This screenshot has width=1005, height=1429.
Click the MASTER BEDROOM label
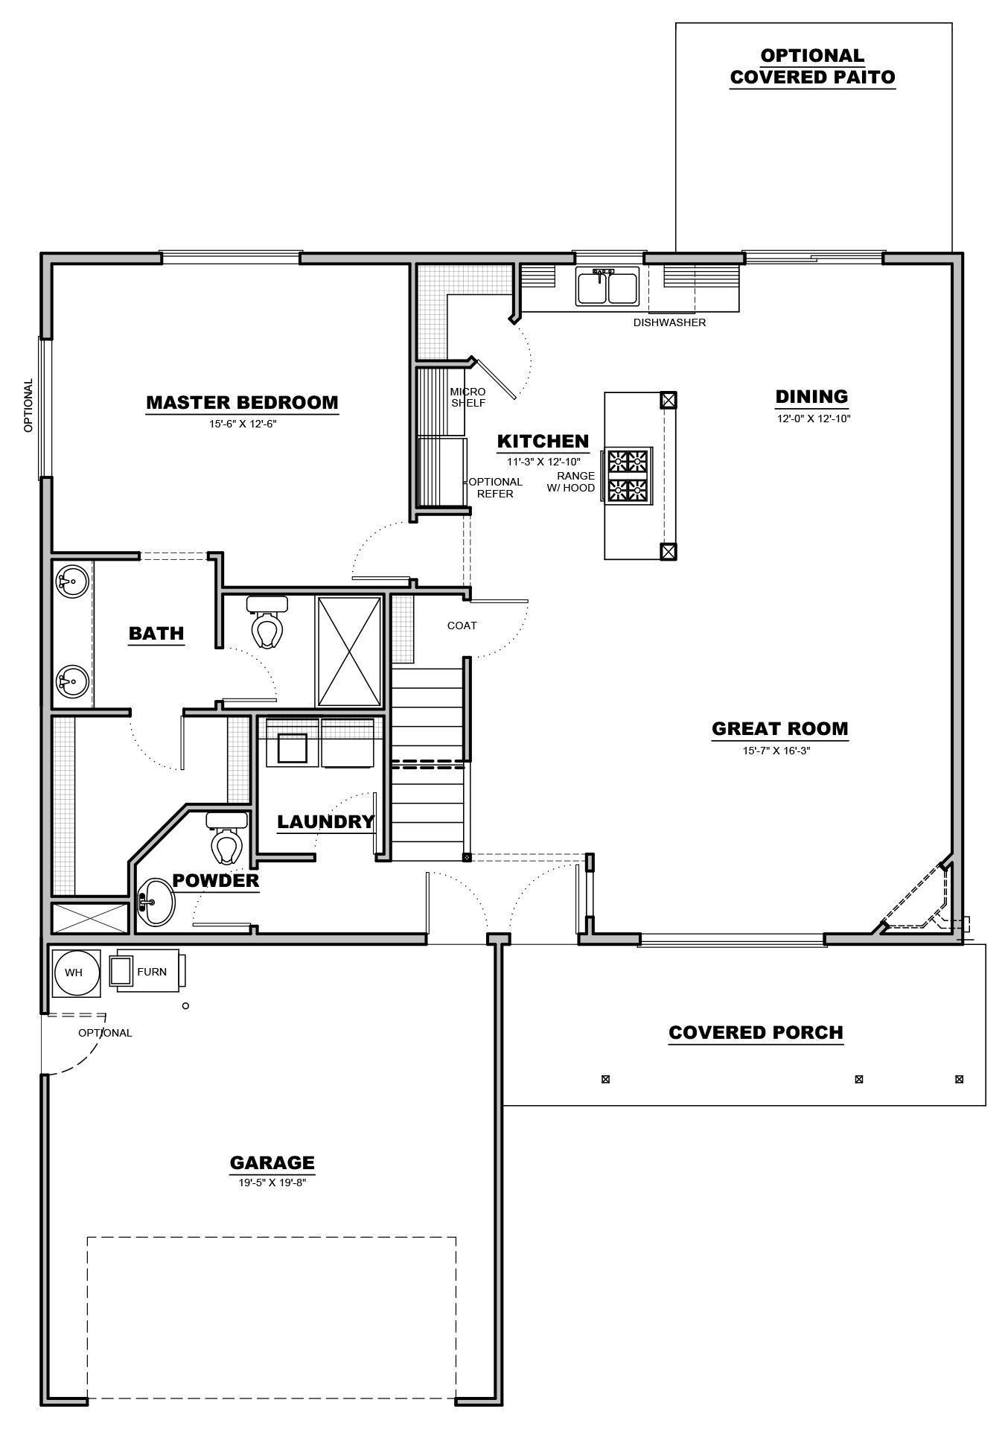(x=242, y=403)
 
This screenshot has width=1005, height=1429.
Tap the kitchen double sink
(x=607, y=287)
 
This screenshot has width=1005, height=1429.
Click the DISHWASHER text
(x=669, y=322)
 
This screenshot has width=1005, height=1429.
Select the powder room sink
(x=155, y=903)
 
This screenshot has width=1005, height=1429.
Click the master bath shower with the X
(x=349, y=651)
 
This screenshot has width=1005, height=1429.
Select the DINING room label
(x=811, y=397)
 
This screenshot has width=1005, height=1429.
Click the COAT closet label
(x=462, y=626)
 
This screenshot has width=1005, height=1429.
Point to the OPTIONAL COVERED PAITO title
(x=812, y=66)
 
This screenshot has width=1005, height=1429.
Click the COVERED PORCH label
(x=756, y=1033)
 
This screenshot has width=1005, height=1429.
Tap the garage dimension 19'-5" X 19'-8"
(x=272, y=1182)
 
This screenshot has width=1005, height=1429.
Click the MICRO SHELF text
(x=468, y=397)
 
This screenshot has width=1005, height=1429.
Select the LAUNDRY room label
(x=325, y=822)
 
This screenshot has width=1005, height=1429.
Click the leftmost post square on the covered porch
(x=605, y=1079)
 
